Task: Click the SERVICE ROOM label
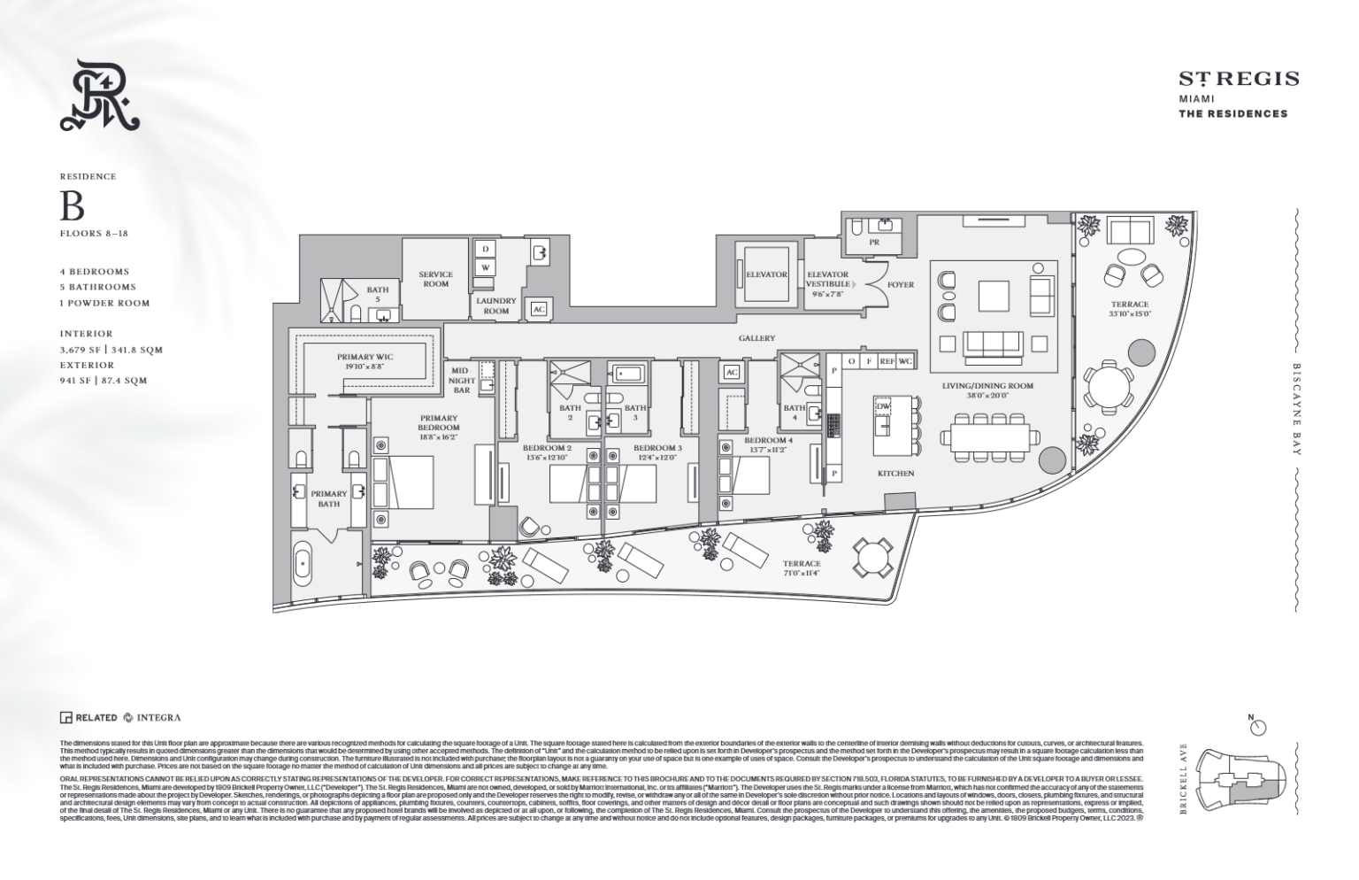click(x=435, y=279)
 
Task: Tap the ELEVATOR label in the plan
click(x=766, y=274)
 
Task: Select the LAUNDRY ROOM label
click(x=495, y=305)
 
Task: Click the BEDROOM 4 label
click(x=768, y=440)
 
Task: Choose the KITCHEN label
click(x=895, y=474)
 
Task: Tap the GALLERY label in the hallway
click(x=757, y=338)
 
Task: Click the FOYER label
click(x=901, y=285)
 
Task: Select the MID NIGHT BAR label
click(x=461, y=381)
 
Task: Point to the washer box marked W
click(x=485, y=267)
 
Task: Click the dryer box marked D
click(x=485, y=251)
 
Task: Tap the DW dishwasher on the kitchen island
click(x=882, y=406)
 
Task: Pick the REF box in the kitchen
click(x=887, y=361)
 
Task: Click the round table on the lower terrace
click(x=871, y=558)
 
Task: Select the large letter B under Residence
click(x=72, y=206)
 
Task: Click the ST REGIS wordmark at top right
click(x=1239, y=79)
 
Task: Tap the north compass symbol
click(x=1257, y=727)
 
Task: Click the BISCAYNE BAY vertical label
click(x=1296, y=409)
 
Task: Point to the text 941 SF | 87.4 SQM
click(x=103, y=381)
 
